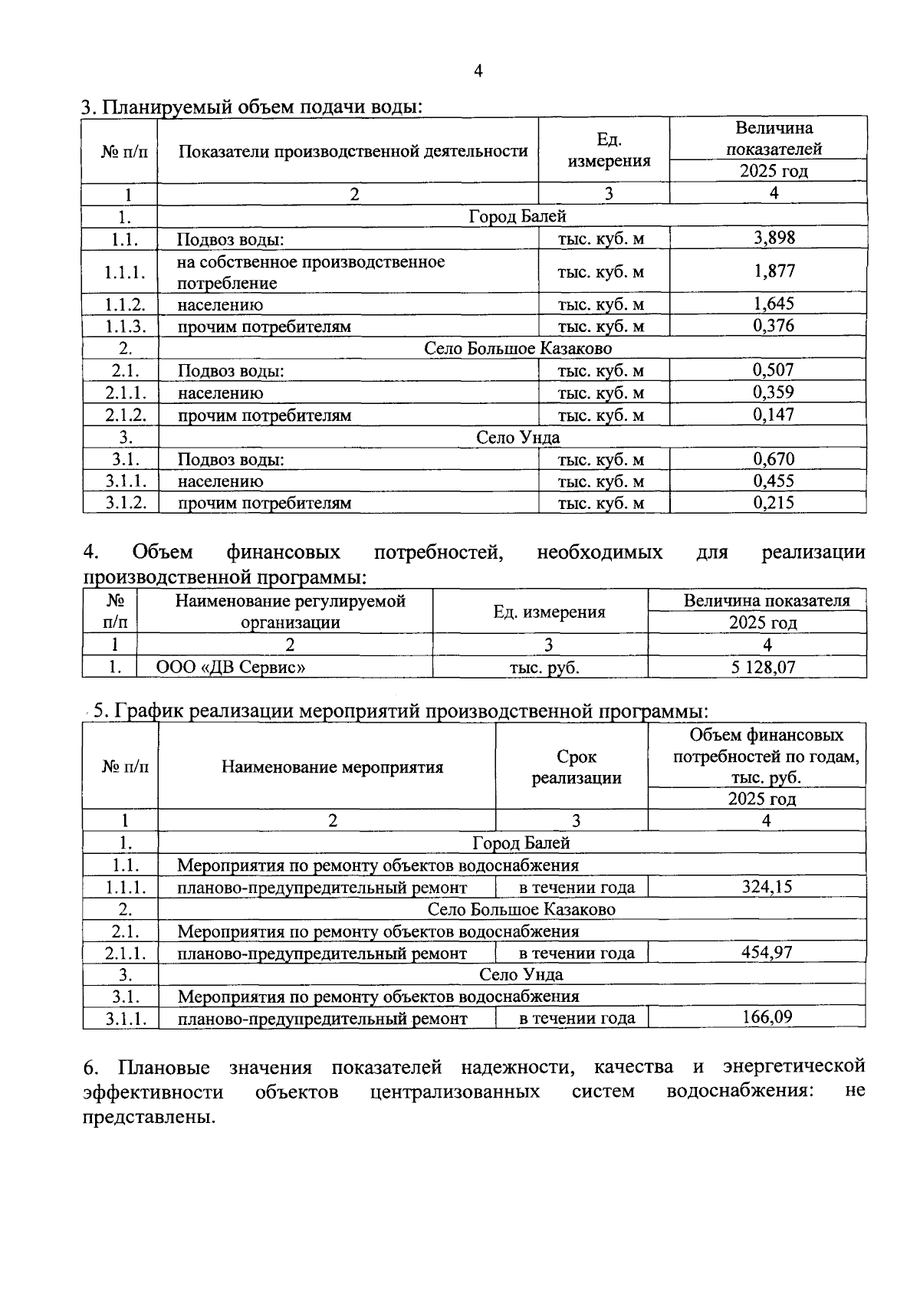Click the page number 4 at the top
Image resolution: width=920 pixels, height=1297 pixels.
click(478, 72)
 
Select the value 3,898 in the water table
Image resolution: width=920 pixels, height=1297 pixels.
click(774, 238)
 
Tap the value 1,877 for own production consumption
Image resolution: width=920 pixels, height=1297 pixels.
click(774, 271)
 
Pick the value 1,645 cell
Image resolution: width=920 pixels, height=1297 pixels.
click(774, 304)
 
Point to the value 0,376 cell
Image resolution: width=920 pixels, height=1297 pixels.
click(774, 326)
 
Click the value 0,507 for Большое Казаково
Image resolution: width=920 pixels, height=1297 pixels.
click(774, 370)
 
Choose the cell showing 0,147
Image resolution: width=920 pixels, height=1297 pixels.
click(774, 415)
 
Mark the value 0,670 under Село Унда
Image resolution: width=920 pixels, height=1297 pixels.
click(774, 459)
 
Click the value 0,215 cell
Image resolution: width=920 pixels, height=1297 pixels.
click(774, 503)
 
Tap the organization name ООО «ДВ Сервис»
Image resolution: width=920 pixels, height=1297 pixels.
click(231, 668)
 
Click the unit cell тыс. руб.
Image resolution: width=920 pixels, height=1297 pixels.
click(544, 668)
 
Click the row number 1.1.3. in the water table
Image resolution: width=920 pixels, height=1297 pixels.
click(125, 327)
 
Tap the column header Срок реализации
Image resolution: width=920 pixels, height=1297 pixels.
click(577, 767)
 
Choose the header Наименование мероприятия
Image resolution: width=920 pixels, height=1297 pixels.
click(332, 767)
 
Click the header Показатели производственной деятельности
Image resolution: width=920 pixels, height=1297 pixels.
click(353, 151)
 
